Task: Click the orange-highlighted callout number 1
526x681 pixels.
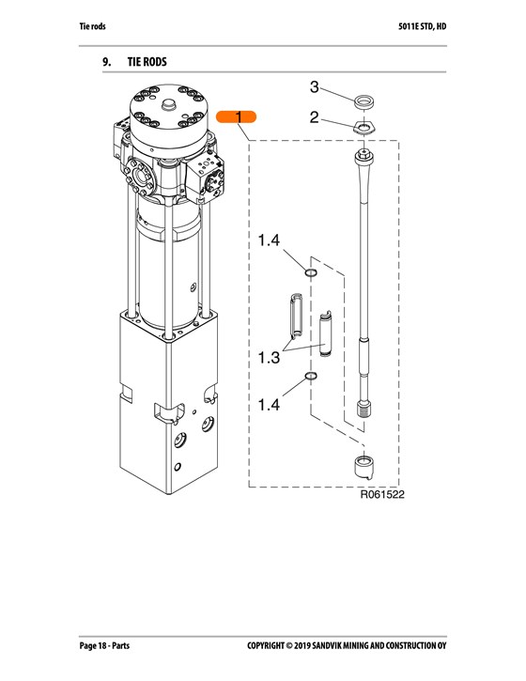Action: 237,116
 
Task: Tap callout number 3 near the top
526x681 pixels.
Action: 314,86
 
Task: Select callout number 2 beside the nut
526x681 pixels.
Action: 314,117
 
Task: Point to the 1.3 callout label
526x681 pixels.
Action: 269,358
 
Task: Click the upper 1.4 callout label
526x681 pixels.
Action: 269,240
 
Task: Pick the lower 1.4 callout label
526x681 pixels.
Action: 269,405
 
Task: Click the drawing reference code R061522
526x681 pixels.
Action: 382,495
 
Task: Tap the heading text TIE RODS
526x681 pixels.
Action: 147,62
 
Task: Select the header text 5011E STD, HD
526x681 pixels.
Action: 422,26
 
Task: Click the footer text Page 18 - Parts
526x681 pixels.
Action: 104,646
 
